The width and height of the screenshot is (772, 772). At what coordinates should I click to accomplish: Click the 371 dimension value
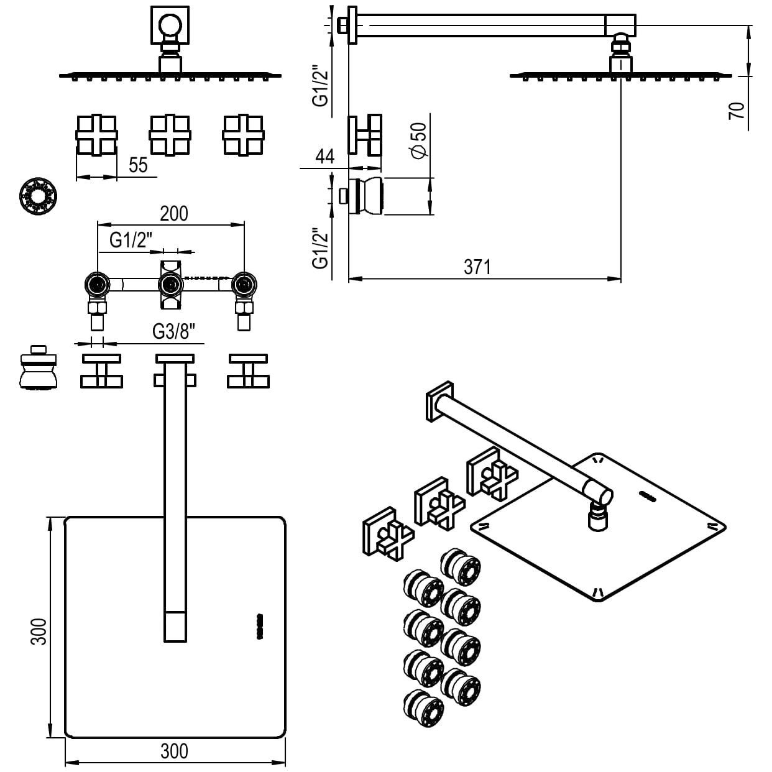pos(477,267)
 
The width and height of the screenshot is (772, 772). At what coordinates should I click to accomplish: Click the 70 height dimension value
pos(737,111)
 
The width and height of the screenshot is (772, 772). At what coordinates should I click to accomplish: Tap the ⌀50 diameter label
pos(419,139)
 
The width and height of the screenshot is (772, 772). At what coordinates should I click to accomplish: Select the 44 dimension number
pos(324,156)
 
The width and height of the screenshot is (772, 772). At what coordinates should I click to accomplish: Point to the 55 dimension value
pos(139,165)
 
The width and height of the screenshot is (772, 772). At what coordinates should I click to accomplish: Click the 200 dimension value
pos(174,213)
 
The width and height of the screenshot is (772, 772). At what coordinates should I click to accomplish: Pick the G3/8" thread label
pos(178,332)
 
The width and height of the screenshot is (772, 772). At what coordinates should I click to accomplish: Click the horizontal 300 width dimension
pos(174,751)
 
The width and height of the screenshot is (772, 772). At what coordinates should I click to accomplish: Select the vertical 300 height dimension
pos(39,631)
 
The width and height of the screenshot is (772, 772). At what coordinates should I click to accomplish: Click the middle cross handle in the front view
pos(170,135)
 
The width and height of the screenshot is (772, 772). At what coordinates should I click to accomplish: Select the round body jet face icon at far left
pos(39,197)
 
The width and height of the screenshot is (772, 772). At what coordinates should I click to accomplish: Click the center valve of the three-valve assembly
pos(170,286)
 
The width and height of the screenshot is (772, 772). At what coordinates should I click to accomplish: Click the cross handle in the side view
pos(365,134)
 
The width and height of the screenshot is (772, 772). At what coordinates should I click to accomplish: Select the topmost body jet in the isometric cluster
pos(460,566)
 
